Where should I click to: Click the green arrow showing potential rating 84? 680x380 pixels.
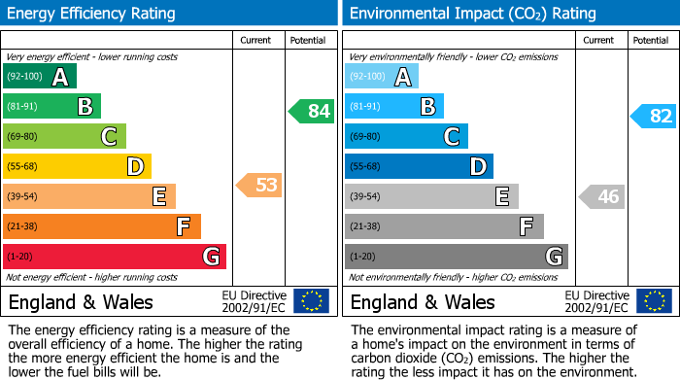click(312, 111)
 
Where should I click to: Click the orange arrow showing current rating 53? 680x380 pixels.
click(260, 185)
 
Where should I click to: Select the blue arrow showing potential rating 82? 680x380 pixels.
click(654, 117)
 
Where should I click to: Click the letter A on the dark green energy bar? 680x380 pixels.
click(60, 77)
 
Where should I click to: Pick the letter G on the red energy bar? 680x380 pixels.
click(211, 257)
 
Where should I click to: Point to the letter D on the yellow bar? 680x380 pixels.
click(135, 167)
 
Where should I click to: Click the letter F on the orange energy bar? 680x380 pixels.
click(183, 227)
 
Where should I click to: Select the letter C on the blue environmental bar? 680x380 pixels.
click(452, 137)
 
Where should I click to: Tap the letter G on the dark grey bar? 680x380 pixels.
click(554, 257)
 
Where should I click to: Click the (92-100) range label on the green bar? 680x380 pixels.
click(24, 77)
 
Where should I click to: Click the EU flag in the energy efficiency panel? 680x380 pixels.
click(311, 300)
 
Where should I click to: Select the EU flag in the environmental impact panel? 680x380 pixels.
click(653, 300)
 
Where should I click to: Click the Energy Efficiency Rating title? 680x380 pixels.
click(92, 14)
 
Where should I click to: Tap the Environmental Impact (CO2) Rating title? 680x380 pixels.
click(472, 14)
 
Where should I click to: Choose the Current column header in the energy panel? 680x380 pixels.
click(256, 40)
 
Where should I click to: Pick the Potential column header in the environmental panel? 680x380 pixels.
click(650, 40)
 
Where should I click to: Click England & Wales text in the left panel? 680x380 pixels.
click(76, 301)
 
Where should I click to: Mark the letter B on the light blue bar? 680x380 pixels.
click(427, 107)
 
